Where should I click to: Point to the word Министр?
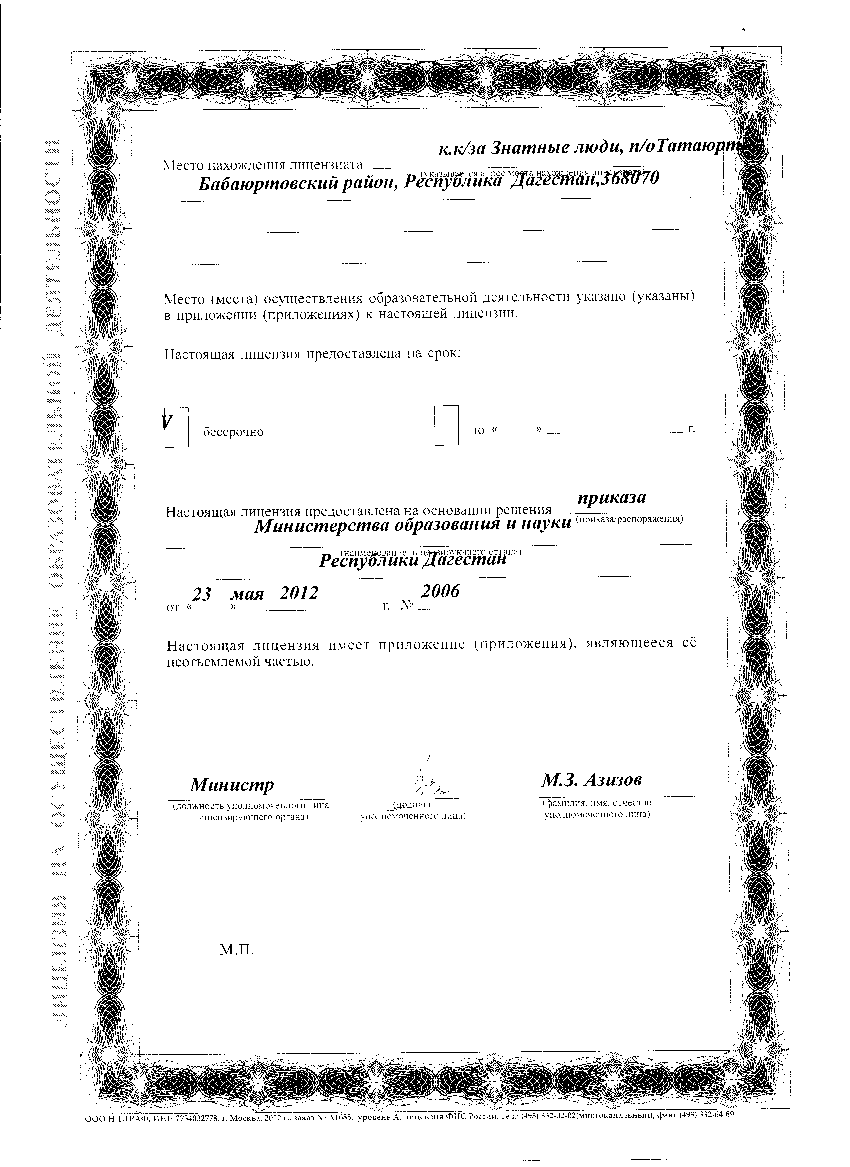pyautogui.click(x=232, y=785)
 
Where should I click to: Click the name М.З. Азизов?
pyautogui.click(x=591, y=780)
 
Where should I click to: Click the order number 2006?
pyautogui.click(x=440, y=592)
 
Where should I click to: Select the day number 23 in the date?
pyautogui.click(x=201, y=594)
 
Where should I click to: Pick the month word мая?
pyautogui.click(x=247, y=594)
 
